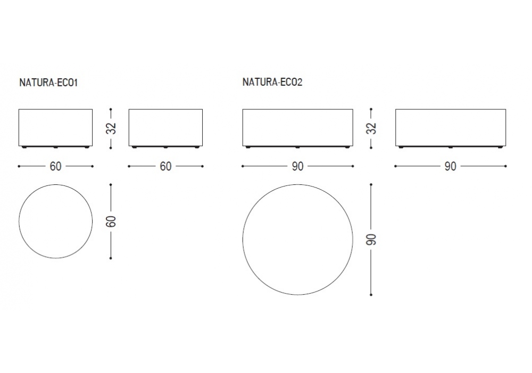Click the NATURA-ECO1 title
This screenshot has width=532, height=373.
tap(48, 83)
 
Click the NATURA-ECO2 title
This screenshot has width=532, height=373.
tap(272, 82)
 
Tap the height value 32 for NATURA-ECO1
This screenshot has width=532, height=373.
tap(111, 128)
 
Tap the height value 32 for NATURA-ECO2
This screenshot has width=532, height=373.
tap(372, 128)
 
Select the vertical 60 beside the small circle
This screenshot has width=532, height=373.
tap(111, 222)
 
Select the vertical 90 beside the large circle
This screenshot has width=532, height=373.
tap(372, 240)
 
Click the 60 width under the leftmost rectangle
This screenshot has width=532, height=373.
tap(56, 166)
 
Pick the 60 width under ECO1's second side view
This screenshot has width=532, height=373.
tap(165, 166)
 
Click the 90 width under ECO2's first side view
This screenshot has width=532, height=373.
tap(297, 166)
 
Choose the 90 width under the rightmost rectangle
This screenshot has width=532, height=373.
tap(451, 166)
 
